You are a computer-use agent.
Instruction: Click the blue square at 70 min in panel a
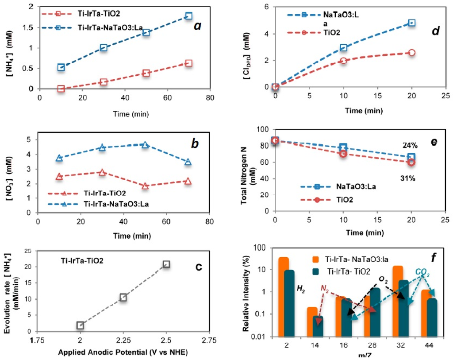(x=189, y=16)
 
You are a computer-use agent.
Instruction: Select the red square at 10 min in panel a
(x=61, y=89)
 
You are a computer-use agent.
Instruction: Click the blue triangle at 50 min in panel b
(x=145, y=144)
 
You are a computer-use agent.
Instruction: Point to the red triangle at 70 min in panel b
(x=188, y=181)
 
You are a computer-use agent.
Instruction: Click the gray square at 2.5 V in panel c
(x=166, y=264)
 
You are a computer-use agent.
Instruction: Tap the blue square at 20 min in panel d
(x=411, y=23)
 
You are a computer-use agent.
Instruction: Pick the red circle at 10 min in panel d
(x=343, y=60)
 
